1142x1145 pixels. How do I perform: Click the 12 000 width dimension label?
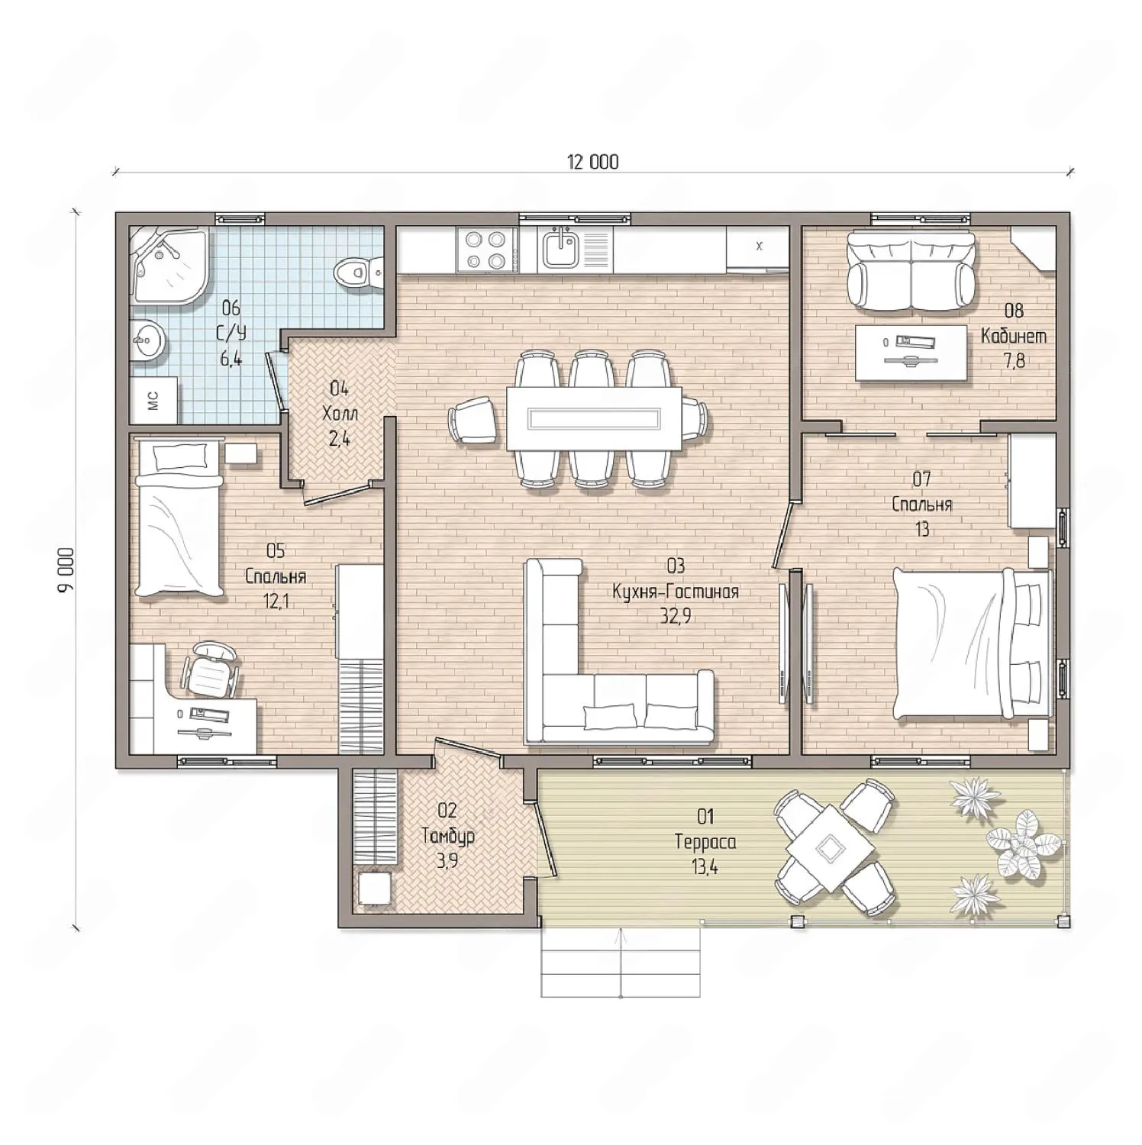(592, 162)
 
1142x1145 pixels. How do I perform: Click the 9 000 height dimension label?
(68, 569)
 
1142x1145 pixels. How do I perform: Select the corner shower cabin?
(169, 264)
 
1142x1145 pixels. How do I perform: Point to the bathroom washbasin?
(146, 339)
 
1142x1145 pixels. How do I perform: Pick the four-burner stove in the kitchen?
(486, 250)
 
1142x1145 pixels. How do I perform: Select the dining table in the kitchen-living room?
(593, 418)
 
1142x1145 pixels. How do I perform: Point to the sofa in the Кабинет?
(910, 271)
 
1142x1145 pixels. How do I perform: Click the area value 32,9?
(676, 616)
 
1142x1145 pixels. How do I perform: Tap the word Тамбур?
(448, 836)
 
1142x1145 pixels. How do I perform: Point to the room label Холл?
(340, 414)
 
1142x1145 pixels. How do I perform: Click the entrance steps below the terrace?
(620, 962)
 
